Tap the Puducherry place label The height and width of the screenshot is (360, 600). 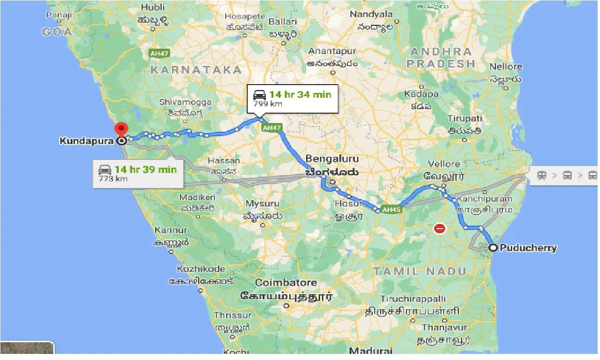(528, 248)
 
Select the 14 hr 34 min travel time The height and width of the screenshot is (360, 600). (300, 94)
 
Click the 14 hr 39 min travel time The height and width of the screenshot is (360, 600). (145, 169)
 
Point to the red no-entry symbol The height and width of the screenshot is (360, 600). (440, 229)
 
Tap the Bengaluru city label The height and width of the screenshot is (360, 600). (332, 158)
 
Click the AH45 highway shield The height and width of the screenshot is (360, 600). (391, 209)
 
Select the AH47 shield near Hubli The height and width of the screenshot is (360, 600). (159, 54)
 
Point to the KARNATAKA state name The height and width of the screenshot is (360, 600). (196, 70)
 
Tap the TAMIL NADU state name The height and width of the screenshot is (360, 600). (419, 271)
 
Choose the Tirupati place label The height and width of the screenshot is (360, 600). (464, 118)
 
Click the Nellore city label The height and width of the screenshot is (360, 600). (506, 67)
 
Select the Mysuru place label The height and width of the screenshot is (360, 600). (262, 204)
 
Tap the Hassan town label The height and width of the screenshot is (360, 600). (224, 160)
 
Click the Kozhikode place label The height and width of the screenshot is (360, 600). (200, 269)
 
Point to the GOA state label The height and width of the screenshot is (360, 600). (57, 32)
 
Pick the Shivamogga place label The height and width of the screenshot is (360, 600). (185, 102)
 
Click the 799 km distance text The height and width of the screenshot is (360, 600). (267, 104)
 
